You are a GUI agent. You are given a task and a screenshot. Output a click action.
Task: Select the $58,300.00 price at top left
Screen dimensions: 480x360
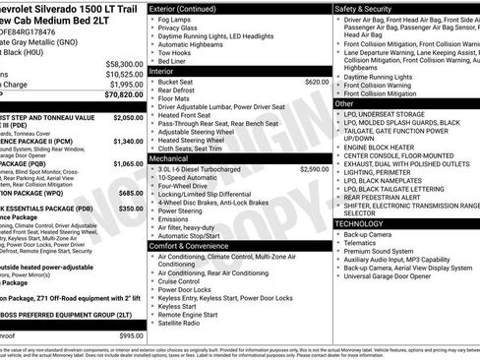[123, 63]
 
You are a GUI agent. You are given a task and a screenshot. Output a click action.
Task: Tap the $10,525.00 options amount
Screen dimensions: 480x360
[123, 74]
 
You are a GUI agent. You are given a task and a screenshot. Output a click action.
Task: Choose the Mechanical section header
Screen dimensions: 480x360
[168, 156]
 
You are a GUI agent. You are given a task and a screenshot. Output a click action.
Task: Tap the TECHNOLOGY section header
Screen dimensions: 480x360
[360, 224]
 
